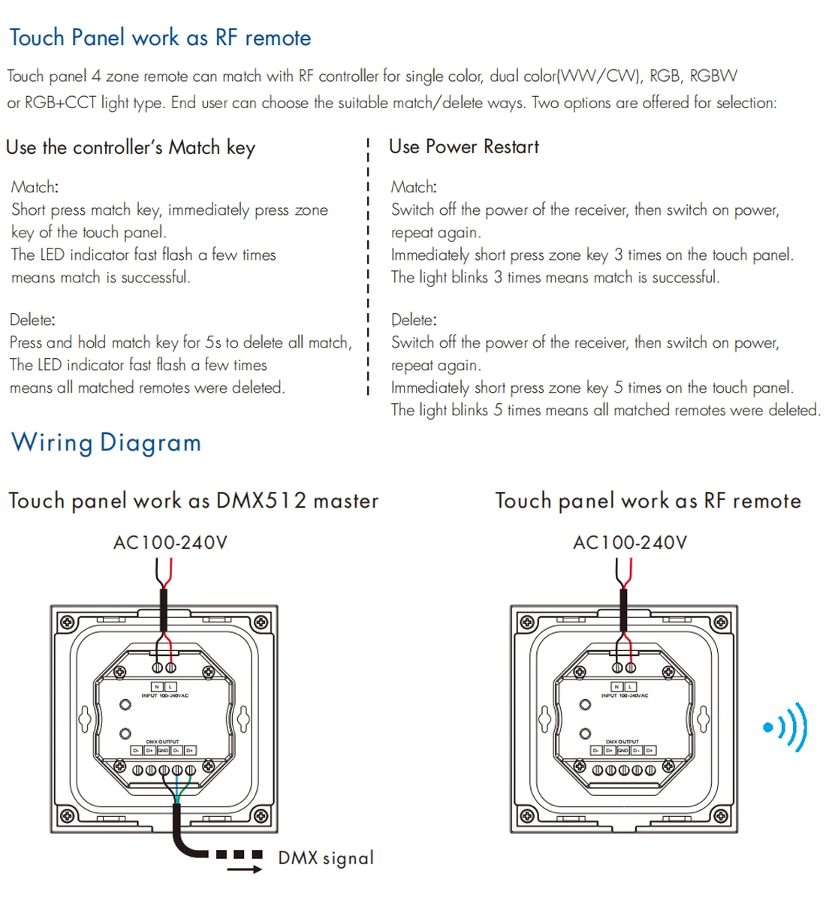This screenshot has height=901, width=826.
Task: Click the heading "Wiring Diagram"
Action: [106, 442]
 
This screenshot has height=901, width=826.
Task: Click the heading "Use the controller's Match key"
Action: [131, 147]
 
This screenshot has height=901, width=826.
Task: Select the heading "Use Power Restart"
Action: [463, 146]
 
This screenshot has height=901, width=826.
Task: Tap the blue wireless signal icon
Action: [785, 727]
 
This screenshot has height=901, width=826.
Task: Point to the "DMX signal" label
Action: [326, 857]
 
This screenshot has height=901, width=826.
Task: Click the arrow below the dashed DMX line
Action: [245, 869]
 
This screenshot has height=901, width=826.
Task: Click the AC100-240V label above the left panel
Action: [170, 542]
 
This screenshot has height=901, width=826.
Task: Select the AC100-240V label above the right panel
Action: [630, 542]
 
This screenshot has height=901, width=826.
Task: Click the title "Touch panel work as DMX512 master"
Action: [194, 501]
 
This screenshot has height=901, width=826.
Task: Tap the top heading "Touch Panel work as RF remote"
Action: [160, 38]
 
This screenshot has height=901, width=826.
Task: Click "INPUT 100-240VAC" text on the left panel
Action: [165, 696]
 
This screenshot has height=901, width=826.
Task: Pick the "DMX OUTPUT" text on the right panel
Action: [623, 742]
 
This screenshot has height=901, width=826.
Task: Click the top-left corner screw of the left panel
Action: [67, 622]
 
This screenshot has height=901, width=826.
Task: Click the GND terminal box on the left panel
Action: [163, 750]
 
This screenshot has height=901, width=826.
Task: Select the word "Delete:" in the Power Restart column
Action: [414, 320]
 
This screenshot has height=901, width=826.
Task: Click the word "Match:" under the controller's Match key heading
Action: [35, 187]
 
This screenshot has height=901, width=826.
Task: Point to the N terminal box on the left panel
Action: [157, 686]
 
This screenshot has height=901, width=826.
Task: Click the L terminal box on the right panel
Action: [631, 686]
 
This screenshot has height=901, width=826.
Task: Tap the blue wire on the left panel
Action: [176, 790]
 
